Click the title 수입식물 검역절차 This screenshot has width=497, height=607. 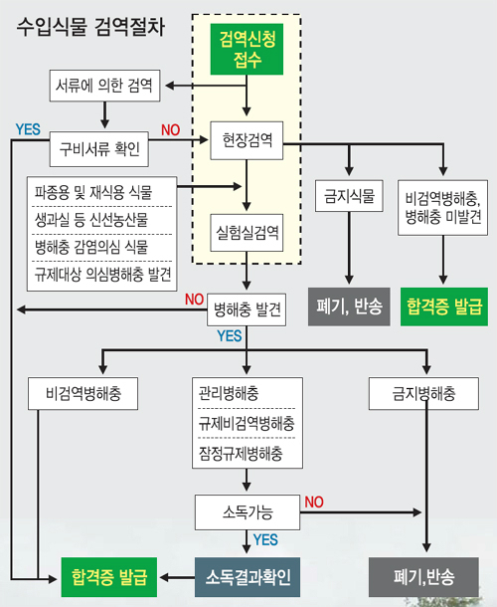90,27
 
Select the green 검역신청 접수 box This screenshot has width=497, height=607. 247,49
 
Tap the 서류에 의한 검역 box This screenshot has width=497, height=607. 104,86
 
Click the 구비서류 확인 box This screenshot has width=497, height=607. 99,149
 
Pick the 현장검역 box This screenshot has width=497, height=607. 247,140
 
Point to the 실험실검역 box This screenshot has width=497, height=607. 247,233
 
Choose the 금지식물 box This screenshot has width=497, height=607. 349,196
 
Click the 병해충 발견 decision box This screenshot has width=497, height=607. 247,309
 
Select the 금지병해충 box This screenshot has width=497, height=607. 423,394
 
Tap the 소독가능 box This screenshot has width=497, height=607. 248,512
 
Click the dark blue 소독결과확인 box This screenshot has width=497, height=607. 248,577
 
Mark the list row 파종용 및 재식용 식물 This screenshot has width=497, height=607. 93,192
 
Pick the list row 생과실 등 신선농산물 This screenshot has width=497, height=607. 91,220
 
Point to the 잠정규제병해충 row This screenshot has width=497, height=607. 241,454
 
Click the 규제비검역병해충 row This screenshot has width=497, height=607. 247,424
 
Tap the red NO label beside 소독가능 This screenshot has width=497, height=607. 314,503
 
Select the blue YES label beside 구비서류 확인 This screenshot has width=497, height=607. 28,129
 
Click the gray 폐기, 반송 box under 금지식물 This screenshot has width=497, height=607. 349,306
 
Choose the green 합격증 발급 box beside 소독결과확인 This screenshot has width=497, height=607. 109,577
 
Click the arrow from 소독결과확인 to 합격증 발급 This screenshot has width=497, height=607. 177,577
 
